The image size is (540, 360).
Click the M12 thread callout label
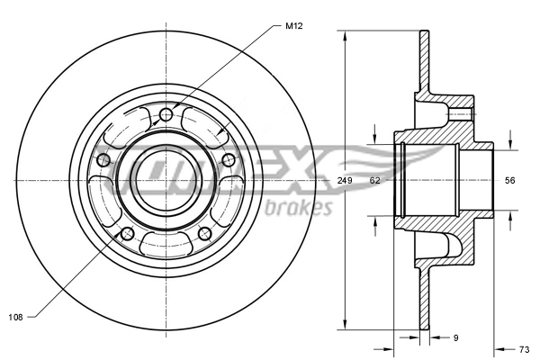293,26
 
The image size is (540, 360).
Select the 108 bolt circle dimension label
16,316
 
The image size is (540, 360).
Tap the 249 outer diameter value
344,181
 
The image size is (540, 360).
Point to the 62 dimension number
375,181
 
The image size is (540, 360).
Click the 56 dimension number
509,181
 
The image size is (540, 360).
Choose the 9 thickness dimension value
455,338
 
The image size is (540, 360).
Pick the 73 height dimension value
525,348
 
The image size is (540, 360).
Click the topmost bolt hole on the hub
166,115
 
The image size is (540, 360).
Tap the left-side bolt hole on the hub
103,160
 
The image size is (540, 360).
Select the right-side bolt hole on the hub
229,160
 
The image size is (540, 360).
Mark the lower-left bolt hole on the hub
127,234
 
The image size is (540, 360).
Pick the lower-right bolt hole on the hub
204,234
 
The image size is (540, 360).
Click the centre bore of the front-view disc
166,180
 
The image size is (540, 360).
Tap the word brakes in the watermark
300,208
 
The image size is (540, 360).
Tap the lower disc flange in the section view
423,297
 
